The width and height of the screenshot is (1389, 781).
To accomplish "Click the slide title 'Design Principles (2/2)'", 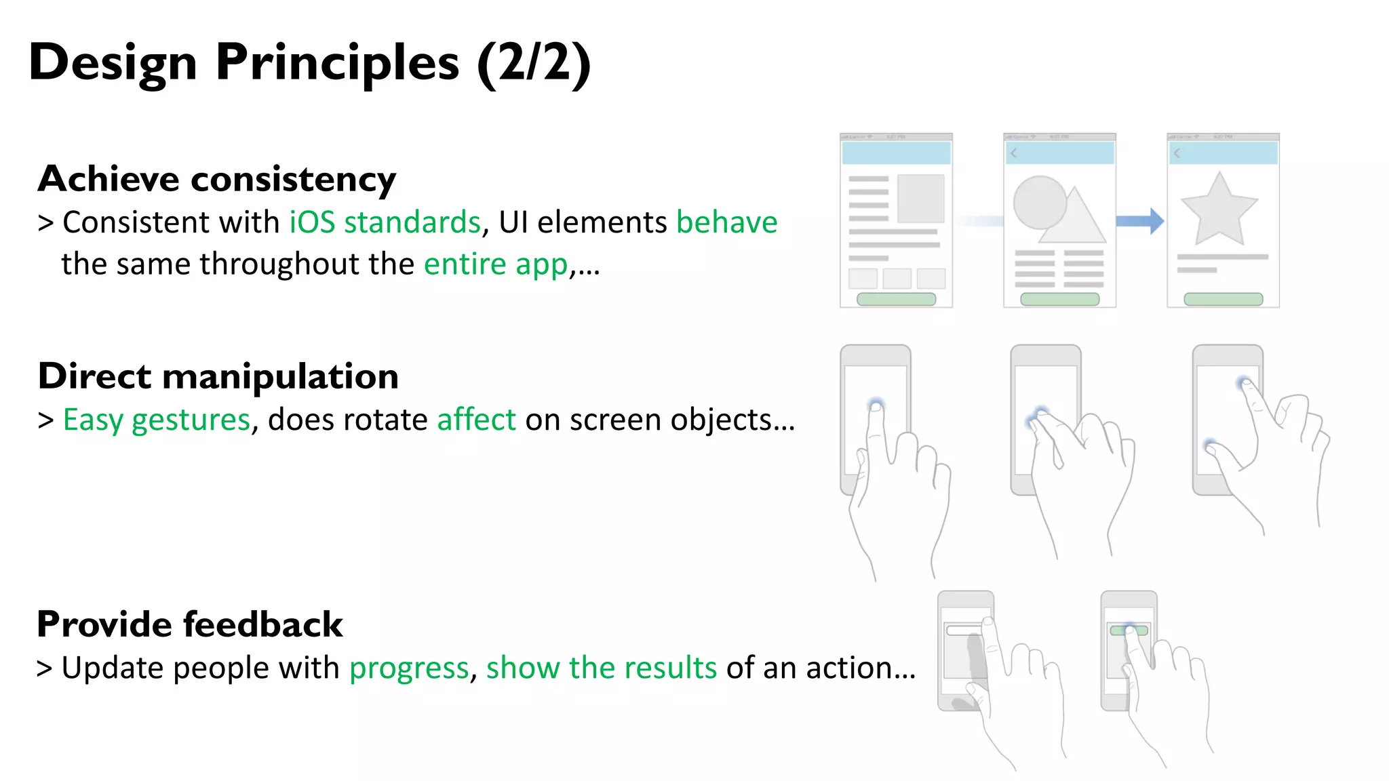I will tap(309, 62).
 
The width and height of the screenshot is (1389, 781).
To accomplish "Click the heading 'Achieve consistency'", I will tap(217, 179).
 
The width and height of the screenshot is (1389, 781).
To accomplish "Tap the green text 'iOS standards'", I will tap(385, 222).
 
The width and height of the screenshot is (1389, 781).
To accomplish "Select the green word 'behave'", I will tap(726, 222).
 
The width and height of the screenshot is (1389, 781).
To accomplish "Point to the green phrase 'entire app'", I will tap(495, 264).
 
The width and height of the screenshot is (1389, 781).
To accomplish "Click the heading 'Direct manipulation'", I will tap(218, 376).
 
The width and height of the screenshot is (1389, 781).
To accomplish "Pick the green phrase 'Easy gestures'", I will tap(157, 420).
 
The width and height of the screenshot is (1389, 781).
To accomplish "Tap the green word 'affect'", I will tap(476, 420).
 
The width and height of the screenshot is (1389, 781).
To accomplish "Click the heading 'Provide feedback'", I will tap(190, 624).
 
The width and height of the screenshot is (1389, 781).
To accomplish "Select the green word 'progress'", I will tap(409, 668).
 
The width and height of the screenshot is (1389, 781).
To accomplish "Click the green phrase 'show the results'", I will tap(601, 668).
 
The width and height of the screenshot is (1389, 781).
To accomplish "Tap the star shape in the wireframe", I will tap(1219, 209).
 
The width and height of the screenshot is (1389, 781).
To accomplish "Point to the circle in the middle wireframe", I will tap(1038, 202).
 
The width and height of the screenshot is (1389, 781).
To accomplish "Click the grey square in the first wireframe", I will tap(920, 199).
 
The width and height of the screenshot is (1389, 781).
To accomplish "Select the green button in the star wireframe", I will tap(1223, 299).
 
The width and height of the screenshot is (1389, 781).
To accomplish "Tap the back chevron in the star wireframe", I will tap(1177, 153).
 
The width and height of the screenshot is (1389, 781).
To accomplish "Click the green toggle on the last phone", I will tap(1129, 630).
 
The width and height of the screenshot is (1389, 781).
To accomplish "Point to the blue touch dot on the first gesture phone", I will tap(876, 405).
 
